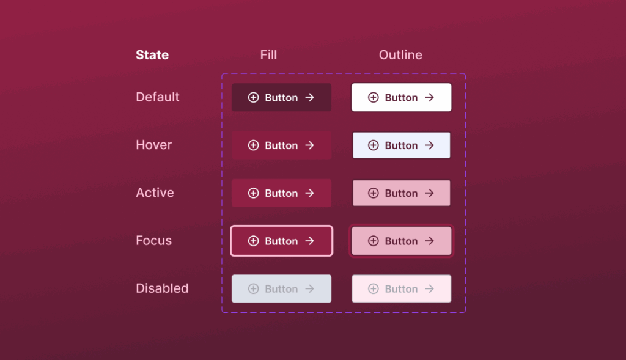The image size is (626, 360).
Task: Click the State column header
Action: pyautogui.click(x=152, y=55)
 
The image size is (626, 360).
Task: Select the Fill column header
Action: pyautogui.click(x=268, y=55)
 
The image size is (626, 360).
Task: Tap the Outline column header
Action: pyautogui.click(x=400, y=55)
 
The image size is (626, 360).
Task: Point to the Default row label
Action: pyautogui.click(x=158, y=97)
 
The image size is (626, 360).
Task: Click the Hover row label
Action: pyautogui.click(x=154, y=145)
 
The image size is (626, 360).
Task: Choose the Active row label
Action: pyautogui.click(x=155, y=193)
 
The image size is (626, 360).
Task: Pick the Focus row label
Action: pyautogui.click(x=154, y=240)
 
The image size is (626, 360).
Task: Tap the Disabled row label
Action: pyautogui.click(x=162, y=288)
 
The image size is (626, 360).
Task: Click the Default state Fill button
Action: pyautogui.click(x=281, y=97)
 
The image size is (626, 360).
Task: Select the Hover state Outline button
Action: pyautogui.click(x=401, y=145)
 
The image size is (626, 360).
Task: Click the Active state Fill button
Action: pyautogui.click(x=281, y=193)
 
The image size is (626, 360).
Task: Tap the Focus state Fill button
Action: pyautogui.click(x=281, y=241)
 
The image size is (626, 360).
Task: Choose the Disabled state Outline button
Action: pyautogui.click(x=401, y=288)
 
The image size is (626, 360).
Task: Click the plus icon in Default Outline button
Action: pyautogui.click(x=373, y=97)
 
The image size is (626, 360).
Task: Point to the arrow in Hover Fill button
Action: pyautogui.click(x=309, y=145)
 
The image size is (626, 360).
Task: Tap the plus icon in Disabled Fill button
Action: pyautogui.click(x=253, y=288)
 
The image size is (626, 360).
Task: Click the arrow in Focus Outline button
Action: pyautogui.click(x=429, y=241)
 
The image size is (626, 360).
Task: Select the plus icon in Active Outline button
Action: pyautogui.click(x=373, y=193)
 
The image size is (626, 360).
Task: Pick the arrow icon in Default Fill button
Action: pyautogui.click(x=309, y=97)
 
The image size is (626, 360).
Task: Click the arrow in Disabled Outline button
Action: pyautogui.click(x=429, y=288)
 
